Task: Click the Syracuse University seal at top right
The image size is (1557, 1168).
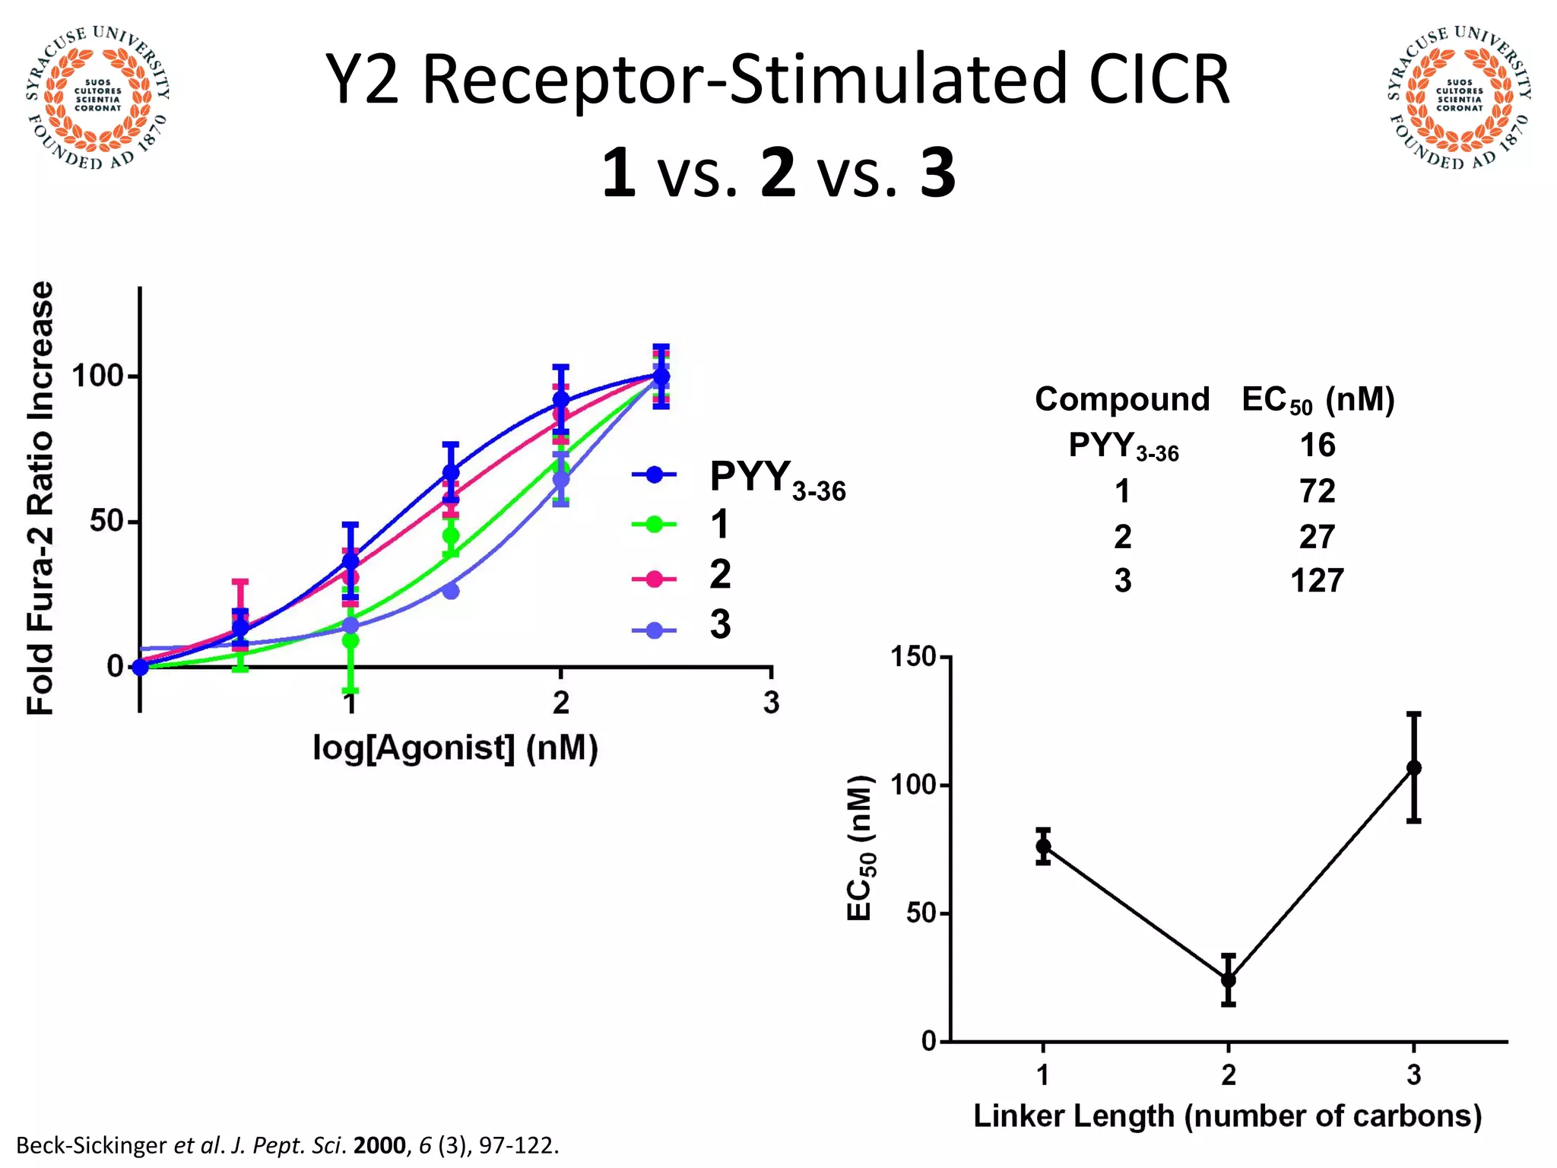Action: point(1459,97)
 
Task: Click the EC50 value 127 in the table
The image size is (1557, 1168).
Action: point(1317,581)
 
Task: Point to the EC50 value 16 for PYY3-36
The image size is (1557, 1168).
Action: point(1317,445)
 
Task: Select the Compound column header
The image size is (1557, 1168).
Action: point(1122,399)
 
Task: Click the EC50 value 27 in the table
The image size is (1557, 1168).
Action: point(1317,537)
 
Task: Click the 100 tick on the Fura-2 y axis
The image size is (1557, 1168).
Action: point(97,376)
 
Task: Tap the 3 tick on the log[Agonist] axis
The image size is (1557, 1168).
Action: point(771,703)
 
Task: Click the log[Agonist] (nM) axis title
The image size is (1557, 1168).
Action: point(455,748)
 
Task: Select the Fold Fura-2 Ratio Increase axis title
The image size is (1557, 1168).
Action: point(41,498)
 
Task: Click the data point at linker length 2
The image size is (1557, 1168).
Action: point(1229,979)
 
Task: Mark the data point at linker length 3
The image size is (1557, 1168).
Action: point(1413,767)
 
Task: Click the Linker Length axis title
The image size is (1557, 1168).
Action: point(1228,1116)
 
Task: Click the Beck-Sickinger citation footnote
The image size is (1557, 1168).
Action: point(287,1145)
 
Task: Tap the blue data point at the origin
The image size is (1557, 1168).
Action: point(141,667)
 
